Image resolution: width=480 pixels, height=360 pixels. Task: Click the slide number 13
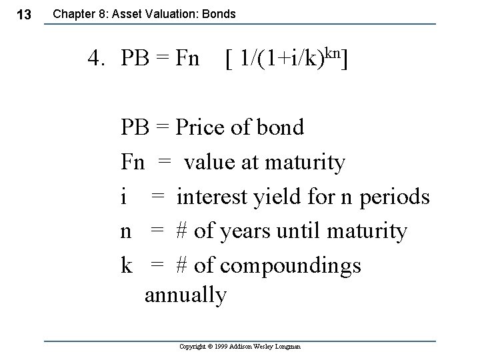pos(23,15)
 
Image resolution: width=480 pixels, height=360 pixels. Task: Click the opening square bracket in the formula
pos(229,60)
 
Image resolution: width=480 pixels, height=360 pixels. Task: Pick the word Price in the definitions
pos(203,127)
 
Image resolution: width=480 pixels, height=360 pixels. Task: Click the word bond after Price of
pos(279,127)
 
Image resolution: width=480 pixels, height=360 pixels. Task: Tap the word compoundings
pos(291,266)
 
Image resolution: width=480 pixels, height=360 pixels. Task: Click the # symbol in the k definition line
pos(181,265)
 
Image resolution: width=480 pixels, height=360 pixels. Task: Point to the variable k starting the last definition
pos(126,265)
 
